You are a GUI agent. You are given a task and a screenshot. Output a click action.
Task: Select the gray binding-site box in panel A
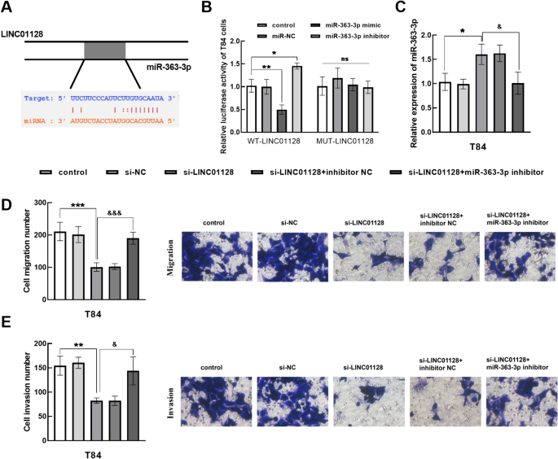coord(103,50)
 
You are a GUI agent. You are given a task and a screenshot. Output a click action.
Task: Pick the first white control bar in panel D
coord(59,253)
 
